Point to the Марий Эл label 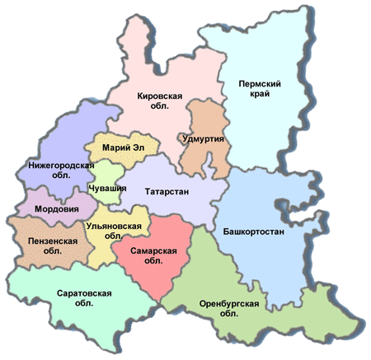click(123, 147)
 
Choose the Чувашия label click(108, 189)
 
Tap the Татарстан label click(167, 192)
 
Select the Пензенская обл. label click(50, 245)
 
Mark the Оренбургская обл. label click(230, 309)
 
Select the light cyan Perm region click(264, 124)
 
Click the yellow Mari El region click(124, 161)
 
